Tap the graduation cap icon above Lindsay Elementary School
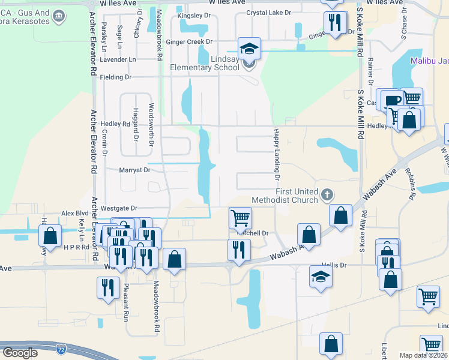[249, 48]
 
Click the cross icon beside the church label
[327, 194]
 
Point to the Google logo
[20, 353]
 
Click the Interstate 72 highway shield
[61, 348]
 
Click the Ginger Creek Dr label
[189, 42]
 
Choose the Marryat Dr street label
[134, 170]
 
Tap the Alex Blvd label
[76, 214]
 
